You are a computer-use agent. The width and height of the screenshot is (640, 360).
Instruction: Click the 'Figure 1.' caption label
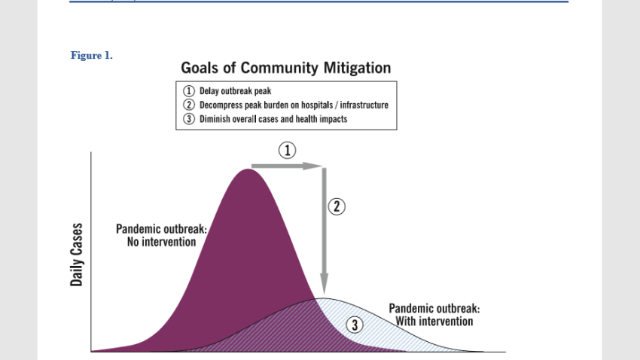tap(91, 56)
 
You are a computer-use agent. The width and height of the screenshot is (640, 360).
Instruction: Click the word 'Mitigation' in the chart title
tap(357, 69)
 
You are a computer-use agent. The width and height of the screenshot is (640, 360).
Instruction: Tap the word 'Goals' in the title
tap(200, 68)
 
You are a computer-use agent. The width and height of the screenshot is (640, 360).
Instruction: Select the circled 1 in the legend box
tap(188, 90)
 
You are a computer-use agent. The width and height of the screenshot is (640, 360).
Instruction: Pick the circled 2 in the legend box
tap(188, 105)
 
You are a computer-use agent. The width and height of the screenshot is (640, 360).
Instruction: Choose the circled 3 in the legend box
tap(188, 119)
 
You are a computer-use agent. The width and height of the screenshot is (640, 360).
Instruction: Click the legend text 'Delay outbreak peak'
tap(235, 91)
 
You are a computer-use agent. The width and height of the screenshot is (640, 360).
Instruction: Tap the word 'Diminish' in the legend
tap(215, 119)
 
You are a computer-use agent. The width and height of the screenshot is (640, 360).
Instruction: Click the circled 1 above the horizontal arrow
tap(288, 150)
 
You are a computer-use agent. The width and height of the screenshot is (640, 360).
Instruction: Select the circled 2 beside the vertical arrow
tap(337, 206)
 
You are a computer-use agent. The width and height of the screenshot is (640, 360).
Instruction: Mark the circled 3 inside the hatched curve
tap(355, 325)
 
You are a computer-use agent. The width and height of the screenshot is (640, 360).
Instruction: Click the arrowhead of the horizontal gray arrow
tap(313, 166)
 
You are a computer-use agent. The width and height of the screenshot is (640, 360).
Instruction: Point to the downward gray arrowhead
tap(324, 284)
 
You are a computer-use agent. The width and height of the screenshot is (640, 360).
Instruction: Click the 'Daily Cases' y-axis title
tap(76, 255)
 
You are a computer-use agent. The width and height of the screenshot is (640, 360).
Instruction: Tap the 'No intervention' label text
tap(162, 242)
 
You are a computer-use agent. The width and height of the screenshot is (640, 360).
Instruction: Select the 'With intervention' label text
tap(434, 322)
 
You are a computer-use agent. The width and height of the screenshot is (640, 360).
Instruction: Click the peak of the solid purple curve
tap(248, 169)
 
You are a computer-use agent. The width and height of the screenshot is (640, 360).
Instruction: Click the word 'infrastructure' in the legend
tap(364, 105)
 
